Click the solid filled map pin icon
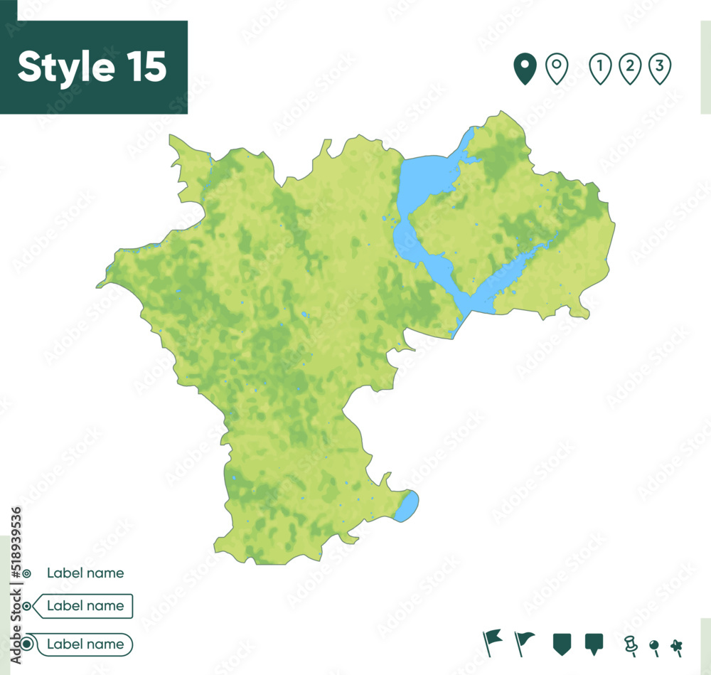[525, 69]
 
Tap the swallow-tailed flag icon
[492, 642]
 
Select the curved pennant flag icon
[525, 642]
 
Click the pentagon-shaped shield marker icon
[562, 644]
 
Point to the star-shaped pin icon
[677, 646]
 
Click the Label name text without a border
[85, 573]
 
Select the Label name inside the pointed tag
[85, 606]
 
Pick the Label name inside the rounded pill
[85, 644]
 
